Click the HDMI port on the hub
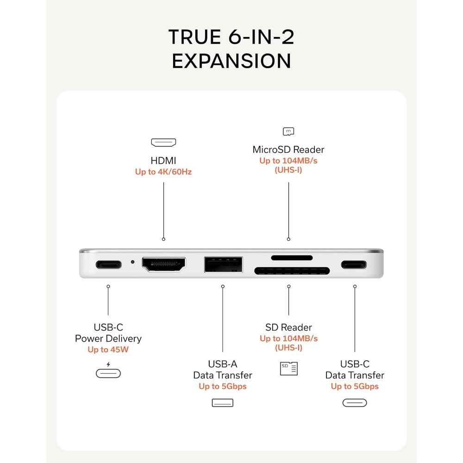[x=163, y=264]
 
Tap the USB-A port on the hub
[x=223, y=264]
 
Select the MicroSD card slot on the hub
[x=292, y=258]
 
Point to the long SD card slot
[x=292, y=271]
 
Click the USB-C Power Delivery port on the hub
[x=109, y=264]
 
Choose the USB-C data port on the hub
[x=354, y=264]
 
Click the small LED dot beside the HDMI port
[x=132, y=262]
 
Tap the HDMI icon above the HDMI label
[x=163, y=143]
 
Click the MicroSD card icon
[x=288, y=131]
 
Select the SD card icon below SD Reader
[x=289, y=369]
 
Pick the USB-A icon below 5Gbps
[x=223, y=403]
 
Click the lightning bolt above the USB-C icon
[x=108, y=364]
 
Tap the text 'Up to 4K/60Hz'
[x=163, y=172]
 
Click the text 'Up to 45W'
[x=108, y=350]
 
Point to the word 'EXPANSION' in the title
[x=231, y=61]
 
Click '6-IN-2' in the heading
[x=261, y=37]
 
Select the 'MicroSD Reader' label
[x=288, y=150]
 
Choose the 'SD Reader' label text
[x=288, y=327]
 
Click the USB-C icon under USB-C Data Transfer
[x=355, y=403]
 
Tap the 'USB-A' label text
[x=223, y=364]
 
